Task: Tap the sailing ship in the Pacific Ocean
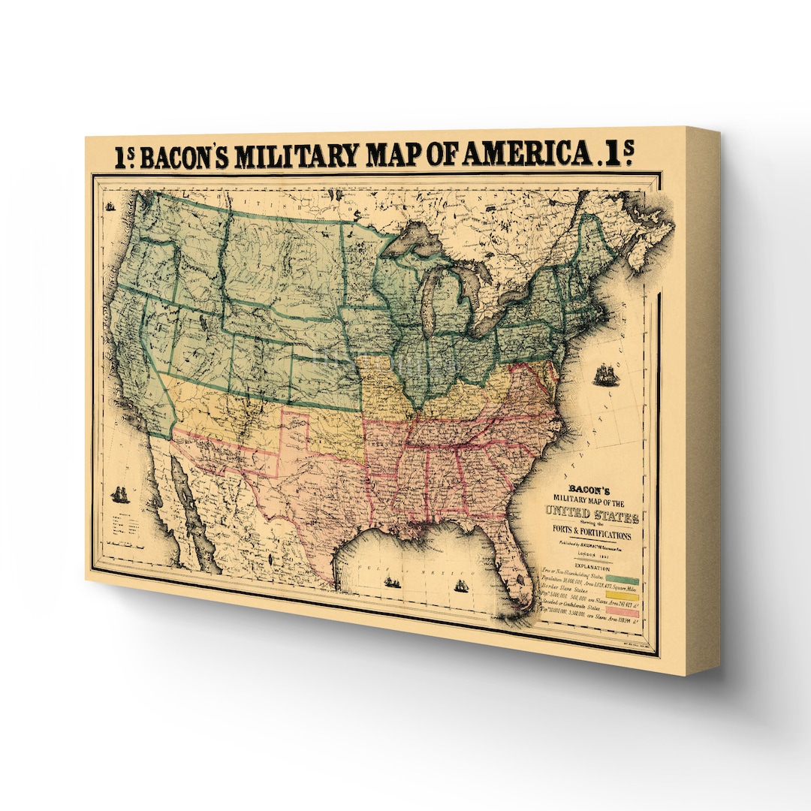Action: (119, 494)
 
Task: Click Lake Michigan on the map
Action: (429, 300)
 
